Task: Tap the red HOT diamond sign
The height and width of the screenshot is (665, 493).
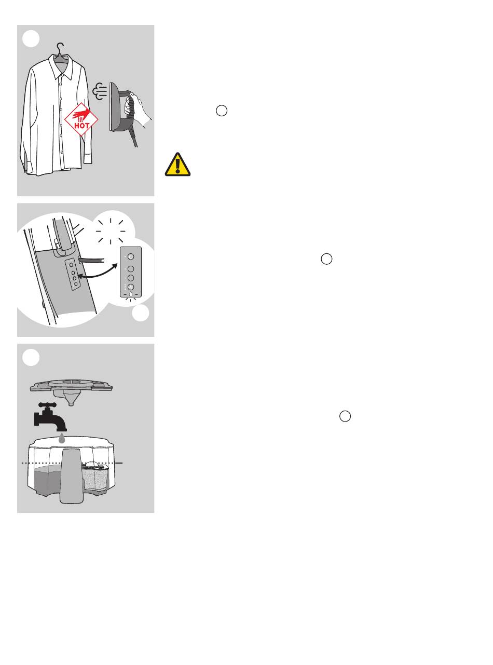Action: point(81,119)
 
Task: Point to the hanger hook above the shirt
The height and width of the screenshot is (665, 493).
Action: point(61,47)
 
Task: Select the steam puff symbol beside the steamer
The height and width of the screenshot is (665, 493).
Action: point(100,91)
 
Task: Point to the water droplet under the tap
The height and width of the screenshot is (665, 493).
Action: point(62,438)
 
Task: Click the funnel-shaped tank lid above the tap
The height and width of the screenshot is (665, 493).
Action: point(71,390)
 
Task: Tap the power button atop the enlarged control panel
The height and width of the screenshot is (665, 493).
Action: point(131,256)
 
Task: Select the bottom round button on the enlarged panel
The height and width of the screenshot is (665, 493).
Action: point(131,287)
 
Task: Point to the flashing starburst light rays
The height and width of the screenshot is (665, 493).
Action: point(111,231)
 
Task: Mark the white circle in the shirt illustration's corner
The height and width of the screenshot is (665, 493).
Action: point(31,39)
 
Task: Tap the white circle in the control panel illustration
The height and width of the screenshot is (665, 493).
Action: point(141,313)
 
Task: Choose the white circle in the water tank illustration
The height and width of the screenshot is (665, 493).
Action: point(31,357)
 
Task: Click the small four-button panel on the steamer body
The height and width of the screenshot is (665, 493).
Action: point(73,274)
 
